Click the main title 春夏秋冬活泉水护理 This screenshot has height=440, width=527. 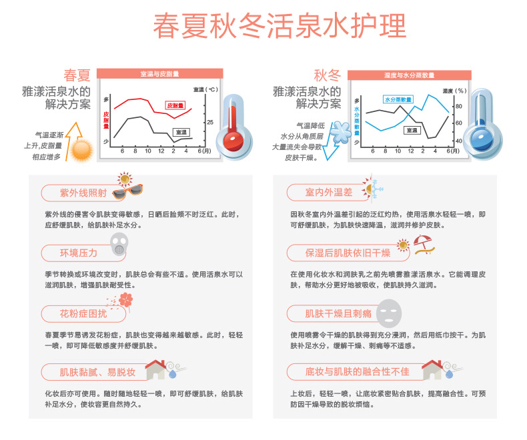(280, 26)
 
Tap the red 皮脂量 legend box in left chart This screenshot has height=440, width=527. (175, 105)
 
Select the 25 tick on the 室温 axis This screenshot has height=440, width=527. (210, 122)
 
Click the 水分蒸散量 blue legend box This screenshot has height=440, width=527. (398, 99)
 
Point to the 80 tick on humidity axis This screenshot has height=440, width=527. (459, 106)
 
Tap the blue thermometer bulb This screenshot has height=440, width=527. (481, 139)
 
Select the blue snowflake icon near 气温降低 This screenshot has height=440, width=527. (340, 133)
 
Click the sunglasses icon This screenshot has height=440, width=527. (127, 191)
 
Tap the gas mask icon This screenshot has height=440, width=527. (119, 245)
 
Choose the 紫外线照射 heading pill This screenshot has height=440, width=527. (83, 193)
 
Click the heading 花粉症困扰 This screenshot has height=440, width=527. (83, 314)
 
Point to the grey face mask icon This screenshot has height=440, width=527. (389, 313)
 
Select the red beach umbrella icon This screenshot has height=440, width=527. (424, 245)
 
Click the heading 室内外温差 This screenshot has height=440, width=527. (329, 192)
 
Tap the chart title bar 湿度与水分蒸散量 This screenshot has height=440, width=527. (409, 75)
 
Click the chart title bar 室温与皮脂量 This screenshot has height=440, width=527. (160, 73)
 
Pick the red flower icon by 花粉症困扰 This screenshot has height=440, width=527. (125, 300)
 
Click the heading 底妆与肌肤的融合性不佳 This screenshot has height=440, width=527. (358, 371)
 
